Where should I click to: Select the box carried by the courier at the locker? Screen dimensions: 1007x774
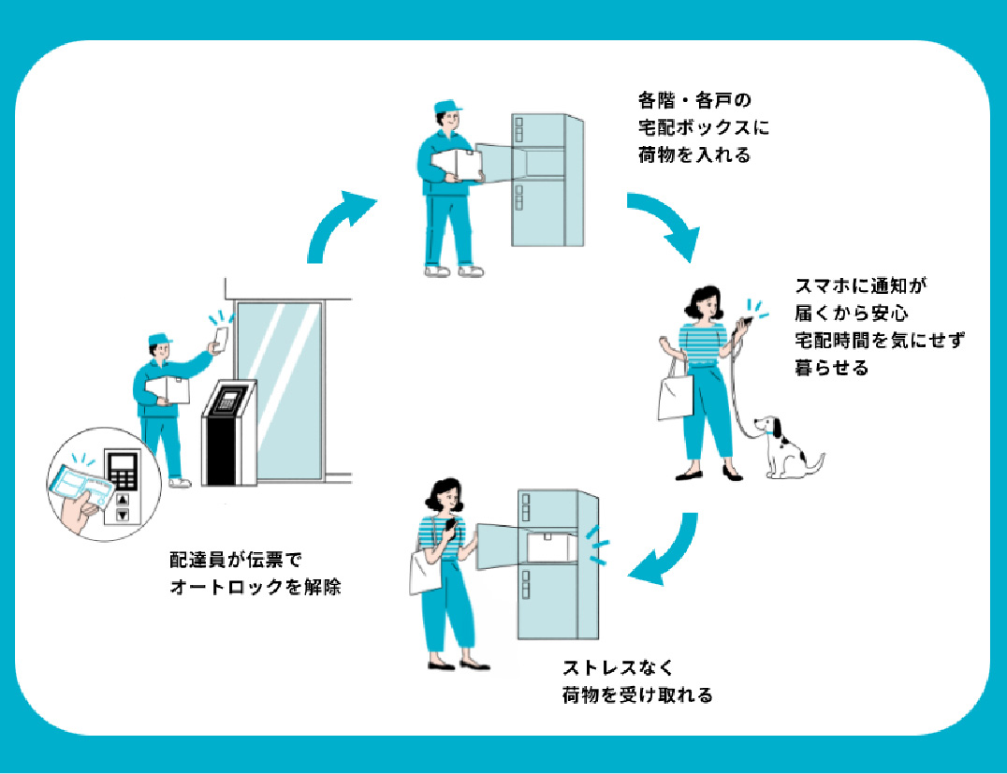[458, 165]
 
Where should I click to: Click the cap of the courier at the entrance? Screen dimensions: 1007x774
[159, 339]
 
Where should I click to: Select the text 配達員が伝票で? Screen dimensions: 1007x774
[237, 560]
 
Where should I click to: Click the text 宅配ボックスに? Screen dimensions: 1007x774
[704, 127]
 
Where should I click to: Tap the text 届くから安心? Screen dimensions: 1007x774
[852, 313]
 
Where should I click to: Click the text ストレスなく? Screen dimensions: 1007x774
[618, 668]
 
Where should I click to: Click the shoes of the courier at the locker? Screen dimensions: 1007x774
[453, 271]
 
